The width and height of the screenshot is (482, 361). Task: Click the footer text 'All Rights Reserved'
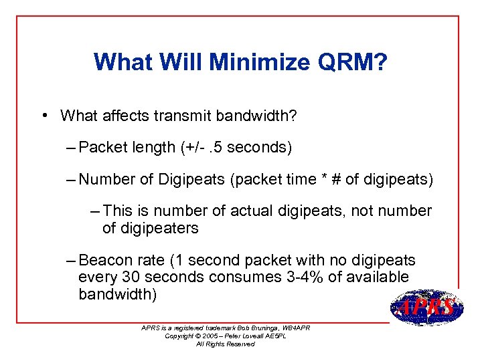pos(225,344)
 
